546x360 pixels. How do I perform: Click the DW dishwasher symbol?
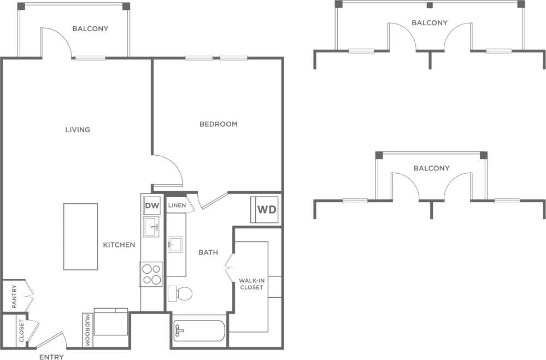(151, 206)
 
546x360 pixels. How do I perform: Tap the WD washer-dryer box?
(266, 210)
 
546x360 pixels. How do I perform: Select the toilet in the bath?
(180, 293)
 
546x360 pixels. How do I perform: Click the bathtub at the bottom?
(199, 331)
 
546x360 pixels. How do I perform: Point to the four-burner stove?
(151, 274)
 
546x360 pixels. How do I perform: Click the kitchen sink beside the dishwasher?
(151, 226)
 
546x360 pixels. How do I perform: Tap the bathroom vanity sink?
(175, 244)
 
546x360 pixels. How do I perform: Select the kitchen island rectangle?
(80, 236)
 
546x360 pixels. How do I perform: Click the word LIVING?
(78, 130)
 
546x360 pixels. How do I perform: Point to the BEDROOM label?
(218, 124)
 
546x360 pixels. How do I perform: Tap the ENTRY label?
(51, 357)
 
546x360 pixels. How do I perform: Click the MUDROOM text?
(87, 330)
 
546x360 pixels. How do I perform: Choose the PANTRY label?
(14, 296)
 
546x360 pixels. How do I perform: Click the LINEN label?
(177, 206)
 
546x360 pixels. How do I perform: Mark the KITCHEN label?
(119, 245)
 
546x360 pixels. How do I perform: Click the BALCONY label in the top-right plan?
(430, 23)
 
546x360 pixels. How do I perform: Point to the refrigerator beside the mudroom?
(111, 323)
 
